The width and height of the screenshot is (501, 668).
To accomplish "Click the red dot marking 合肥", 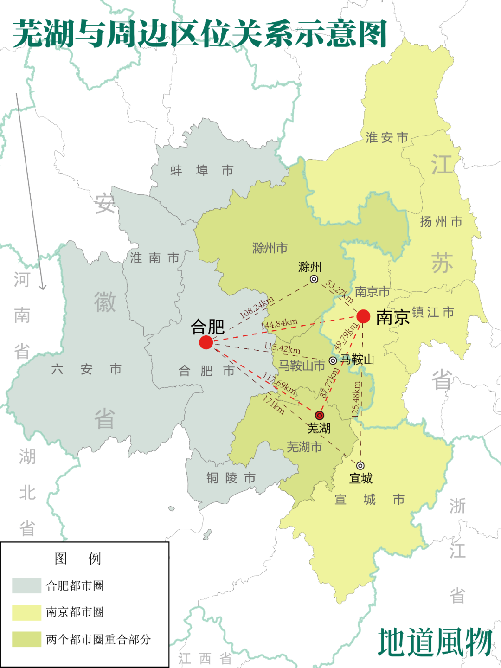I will pos(206,342).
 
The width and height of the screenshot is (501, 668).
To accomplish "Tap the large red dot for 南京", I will pos(363,316).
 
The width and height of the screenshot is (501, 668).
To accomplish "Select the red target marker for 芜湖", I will pos(320,415).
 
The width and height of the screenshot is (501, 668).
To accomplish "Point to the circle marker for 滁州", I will pos(314,279).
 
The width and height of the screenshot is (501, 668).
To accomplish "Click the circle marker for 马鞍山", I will pos(333,360).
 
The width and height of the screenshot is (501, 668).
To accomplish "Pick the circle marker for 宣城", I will pos(360,466).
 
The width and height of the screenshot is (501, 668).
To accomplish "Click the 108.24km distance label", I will pos(257,308).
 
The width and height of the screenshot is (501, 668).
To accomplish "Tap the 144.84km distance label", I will pos(279,324).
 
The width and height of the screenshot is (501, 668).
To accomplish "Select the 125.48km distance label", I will pos(356,399).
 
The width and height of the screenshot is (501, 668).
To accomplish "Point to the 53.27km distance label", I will pos(340,291).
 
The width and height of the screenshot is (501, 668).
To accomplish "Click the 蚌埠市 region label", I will pos(202,171).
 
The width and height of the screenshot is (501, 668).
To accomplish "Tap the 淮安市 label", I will pos(387,137).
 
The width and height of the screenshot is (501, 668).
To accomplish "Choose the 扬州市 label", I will pos(441,222).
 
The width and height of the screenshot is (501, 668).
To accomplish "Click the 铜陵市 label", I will pos(231,478).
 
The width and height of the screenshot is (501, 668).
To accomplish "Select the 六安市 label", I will pos(86,369).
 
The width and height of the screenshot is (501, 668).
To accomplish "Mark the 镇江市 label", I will pos(433,312).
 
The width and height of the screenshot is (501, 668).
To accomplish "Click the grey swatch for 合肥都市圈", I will pos(26,585).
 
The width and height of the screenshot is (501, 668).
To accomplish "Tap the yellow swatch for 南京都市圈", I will pos(26,612).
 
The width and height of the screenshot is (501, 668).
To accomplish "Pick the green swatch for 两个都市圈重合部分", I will pos(26,639).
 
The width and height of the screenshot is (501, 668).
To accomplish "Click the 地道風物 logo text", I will pos(435,642).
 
